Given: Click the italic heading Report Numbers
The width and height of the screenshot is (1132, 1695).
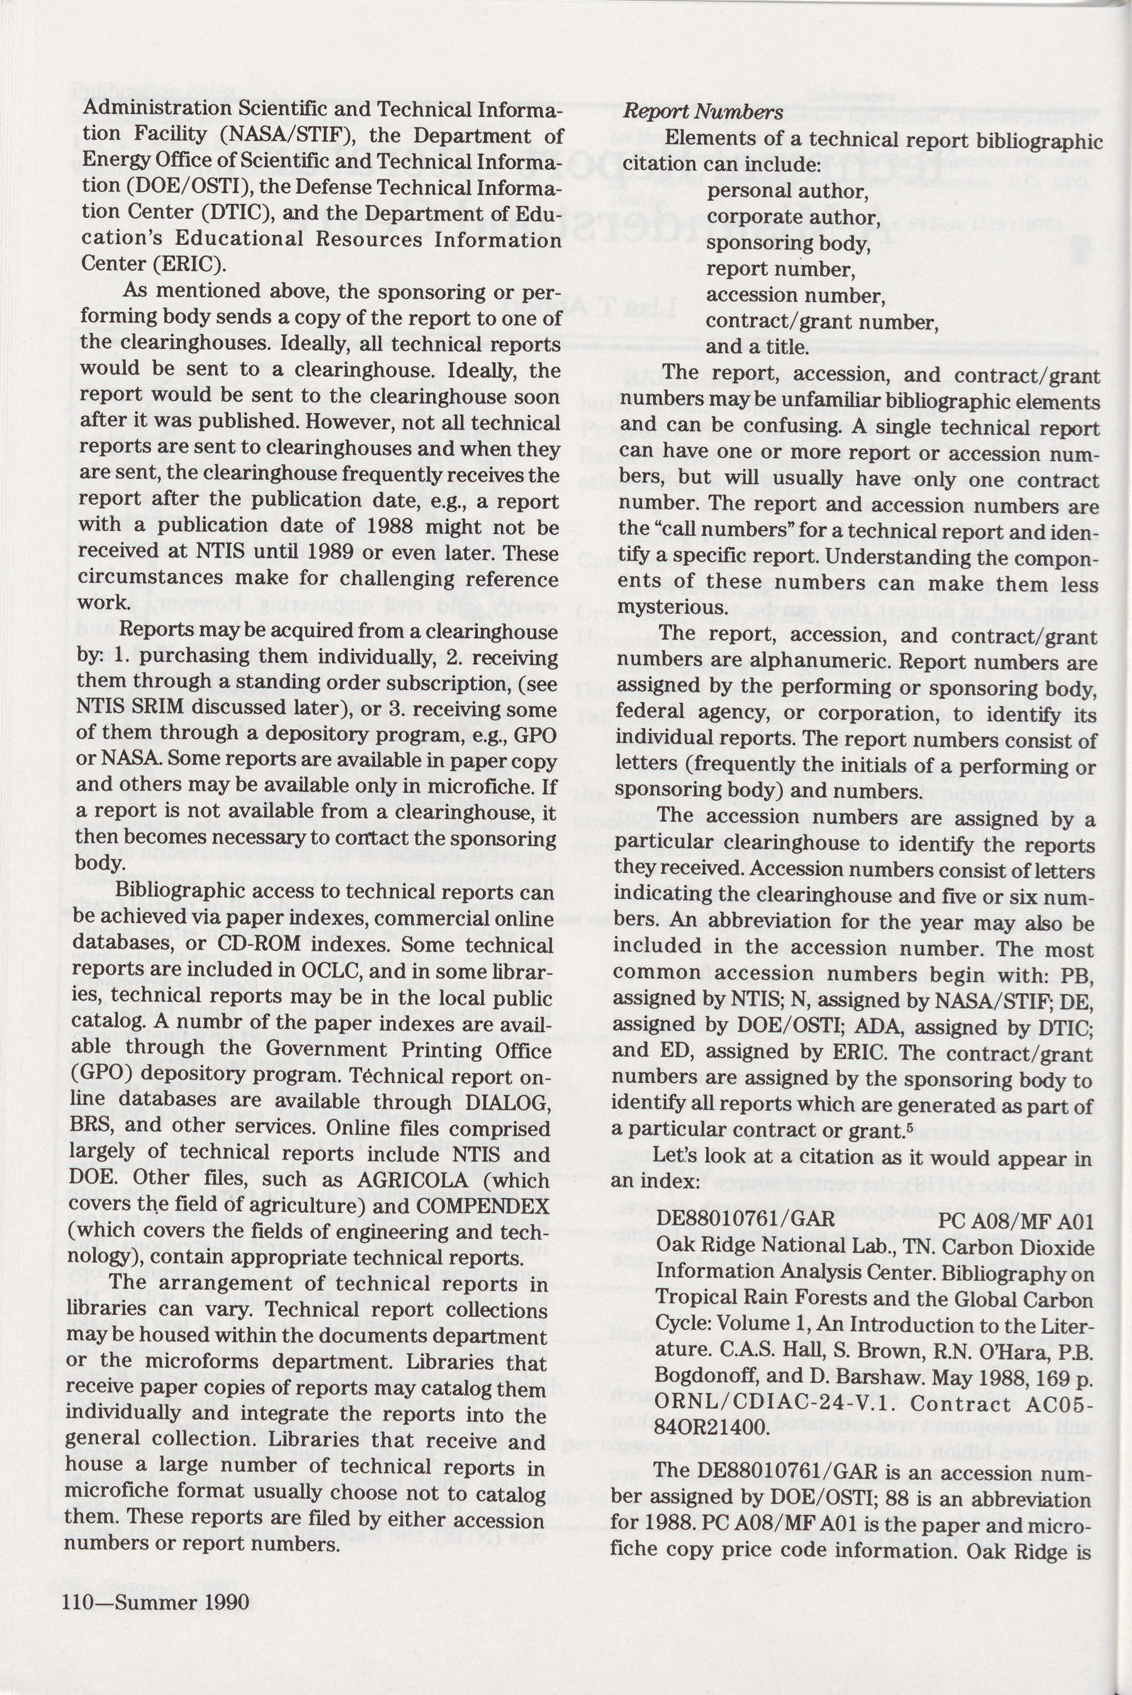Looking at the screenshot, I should pos(702,113).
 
